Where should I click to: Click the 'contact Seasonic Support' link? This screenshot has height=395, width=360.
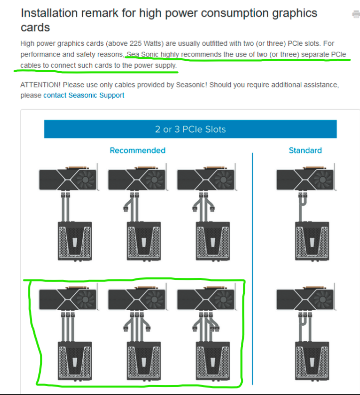84,95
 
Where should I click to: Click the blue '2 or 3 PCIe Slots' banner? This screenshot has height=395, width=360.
190,129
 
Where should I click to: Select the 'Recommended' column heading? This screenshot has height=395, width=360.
138,150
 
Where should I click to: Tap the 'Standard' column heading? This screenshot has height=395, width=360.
305,150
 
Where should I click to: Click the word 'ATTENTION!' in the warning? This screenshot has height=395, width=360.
40,85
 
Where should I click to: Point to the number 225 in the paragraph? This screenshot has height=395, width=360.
136,43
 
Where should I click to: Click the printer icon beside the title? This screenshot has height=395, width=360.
356,14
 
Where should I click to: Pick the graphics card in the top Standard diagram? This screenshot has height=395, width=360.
306,178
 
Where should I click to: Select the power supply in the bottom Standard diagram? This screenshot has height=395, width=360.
312,361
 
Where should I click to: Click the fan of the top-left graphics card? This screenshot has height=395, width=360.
85,180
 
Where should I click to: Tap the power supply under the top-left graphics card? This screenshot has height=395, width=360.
75,241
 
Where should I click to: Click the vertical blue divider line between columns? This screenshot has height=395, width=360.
252,268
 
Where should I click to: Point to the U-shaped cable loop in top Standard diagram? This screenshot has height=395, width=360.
303,201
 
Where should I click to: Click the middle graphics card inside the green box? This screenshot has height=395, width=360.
138,298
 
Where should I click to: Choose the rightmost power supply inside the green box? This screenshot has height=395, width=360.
213,361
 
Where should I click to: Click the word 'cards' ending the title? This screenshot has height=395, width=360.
35,27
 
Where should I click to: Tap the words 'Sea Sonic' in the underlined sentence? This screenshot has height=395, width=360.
143,54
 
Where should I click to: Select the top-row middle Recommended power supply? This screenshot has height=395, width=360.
144,241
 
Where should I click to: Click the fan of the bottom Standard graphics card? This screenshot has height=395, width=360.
323,299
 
